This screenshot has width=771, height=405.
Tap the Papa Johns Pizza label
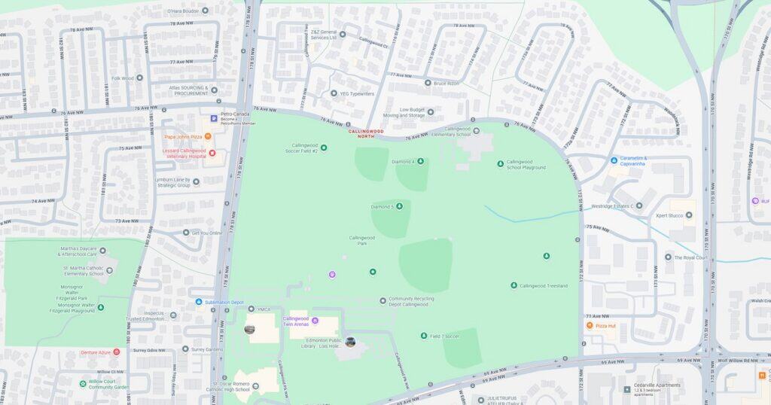pyautogui.click(x=183, y=137)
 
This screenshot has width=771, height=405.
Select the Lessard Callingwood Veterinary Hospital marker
pyautogui.click(x=212, y=154)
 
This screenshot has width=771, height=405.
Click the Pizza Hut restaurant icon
pyautogui.click(x=590, y=325)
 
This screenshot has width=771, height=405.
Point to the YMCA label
pyautogui.click(x=264, y=309)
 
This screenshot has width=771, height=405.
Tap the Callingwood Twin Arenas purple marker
pyautogui.click(x=315, y=321)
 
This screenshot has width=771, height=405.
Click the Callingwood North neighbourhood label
pyautogui.click(x=365, y=134)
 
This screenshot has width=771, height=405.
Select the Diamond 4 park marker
pyautogui.click(x=420, y=162)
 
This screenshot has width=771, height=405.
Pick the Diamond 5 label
pyautogui.click(x=382, y=206)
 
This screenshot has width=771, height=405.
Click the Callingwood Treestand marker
pyautogui.click(x=513, y=286)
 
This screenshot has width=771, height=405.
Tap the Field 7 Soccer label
pyautogui.click(x=445, y=336)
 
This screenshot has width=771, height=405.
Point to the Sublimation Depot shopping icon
pyautogui.click(x=199, y=302)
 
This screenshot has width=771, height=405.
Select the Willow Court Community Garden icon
pyautogui.click(x=83, y=383)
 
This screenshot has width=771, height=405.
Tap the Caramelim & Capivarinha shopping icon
pyautogui.click(x=614, y=160)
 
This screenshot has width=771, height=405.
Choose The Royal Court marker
pyautogui.click(x=667, y=257)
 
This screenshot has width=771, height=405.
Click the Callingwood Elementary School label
pyautogui.click(x=451, y=132)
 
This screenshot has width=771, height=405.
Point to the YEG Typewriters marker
pyautogui.click(x=334, y=93)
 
